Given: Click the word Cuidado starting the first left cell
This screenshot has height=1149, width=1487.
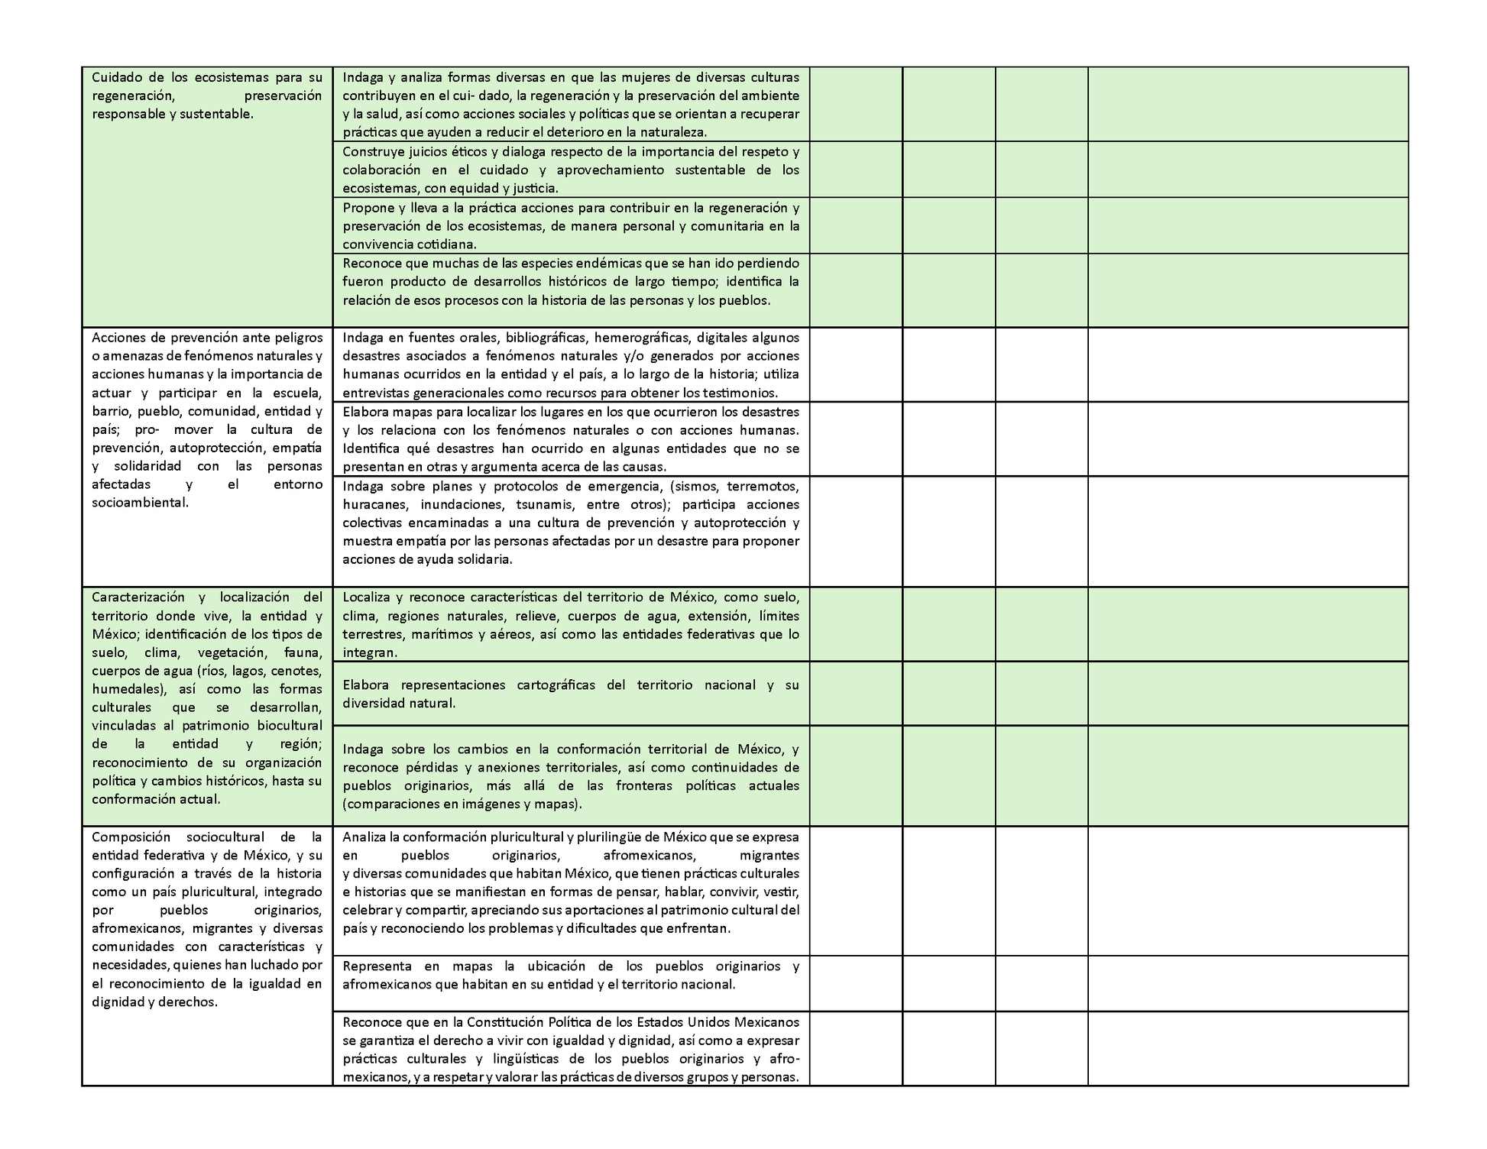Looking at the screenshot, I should coord(117,77).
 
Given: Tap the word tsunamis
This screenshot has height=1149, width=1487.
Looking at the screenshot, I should coord(544,504).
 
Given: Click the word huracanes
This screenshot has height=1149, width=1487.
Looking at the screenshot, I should coord(374,504).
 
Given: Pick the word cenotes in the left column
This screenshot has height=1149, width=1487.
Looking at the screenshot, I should coord(297,671).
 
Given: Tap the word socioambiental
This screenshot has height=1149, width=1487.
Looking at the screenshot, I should coord(140,503).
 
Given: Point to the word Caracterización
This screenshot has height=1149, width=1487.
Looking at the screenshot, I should coord(138,597).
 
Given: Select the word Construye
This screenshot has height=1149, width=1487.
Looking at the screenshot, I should coord(371,151).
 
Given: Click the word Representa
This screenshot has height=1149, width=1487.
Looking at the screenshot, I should coord(377,966).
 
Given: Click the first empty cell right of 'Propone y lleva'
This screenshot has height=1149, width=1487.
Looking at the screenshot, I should coord(856,225).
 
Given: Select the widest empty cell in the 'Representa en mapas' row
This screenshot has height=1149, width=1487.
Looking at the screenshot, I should coord(1247,983).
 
